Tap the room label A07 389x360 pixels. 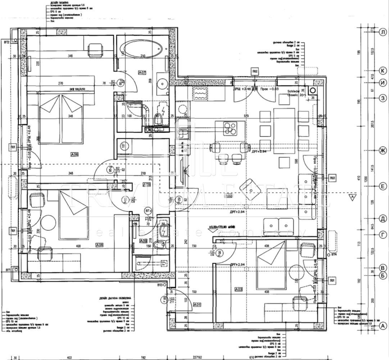tap(142, 73)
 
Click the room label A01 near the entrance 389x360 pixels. tap(197, 305)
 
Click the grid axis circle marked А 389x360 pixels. tap(383, 326)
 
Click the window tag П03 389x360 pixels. tap(332, 178)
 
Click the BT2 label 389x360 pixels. tap(6, 42)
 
